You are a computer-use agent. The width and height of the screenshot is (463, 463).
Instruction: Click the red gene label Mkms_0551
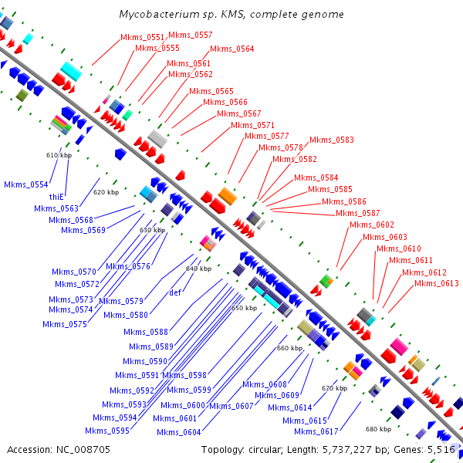[142, 37]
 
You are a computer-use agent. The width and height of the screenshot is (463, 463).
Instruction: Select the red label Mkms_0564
[232, 49]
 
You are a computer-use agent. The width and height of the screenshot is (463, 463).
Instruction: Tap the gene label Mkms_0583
[332, 140]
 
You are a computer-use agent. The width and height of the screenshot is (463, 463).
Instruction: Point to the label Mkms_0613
[436, 283]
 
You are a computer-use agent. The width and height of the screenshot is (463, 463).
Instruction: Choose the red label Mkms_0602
[372, 225]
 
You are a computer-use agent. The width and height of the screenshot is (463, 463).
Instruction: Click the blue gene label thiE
[56, 197]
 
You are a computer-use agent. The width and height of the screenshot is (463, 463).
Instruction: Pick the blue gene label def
[175, 292]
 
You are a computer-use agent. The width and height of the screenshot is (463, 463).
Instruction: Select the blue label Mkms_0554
[25, 184]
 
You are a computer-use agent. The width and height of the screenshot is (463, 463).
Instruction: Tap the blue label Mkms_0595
[106, 431]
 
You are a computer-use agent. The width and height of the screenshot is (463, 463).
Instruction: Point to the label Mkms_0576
[128, 266]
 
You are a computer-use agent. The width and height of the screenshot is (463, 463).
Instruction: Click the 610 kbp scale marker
[59, 155]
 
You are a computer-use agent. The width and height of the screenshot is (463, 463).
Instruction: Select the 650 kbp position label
[245, 308]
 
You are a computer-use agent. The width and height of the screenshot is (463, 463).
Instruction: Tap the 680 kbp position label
[378, 428]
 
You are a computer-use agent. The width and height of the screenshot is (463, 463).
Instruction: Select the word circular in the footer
[266, 449]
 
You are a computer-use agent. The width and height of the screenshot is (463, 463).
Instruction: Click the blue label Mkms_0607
[231, 406]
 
